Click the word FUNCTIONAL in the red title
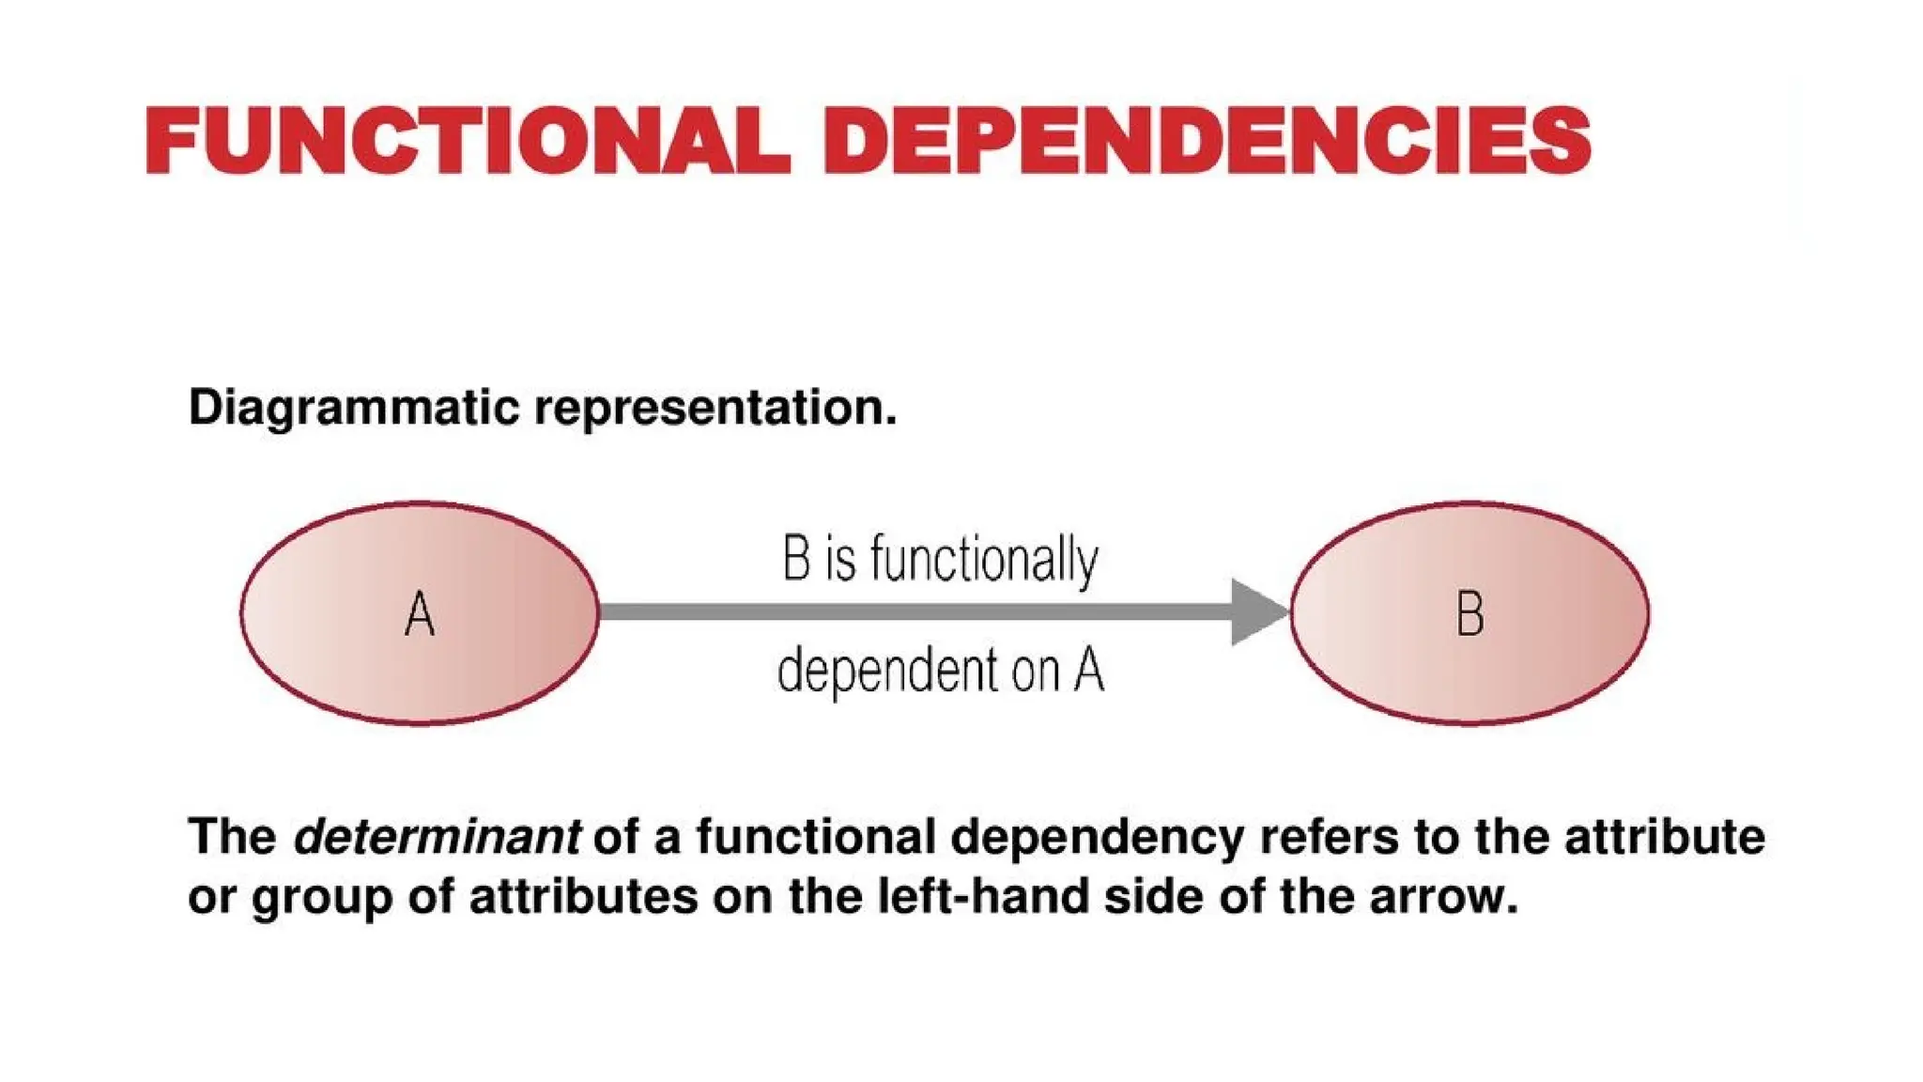[467, 141]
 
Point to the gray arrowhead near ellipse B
[1256, 612]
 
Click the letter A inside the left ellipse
[420, 615]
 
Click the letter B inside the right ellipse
[1469, 615]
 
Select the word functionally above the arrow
[984, 561]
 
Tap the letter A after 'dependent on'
[1089, 671]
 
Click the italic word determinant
[437, 837]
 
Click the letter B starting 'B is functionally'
[796, 561]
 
